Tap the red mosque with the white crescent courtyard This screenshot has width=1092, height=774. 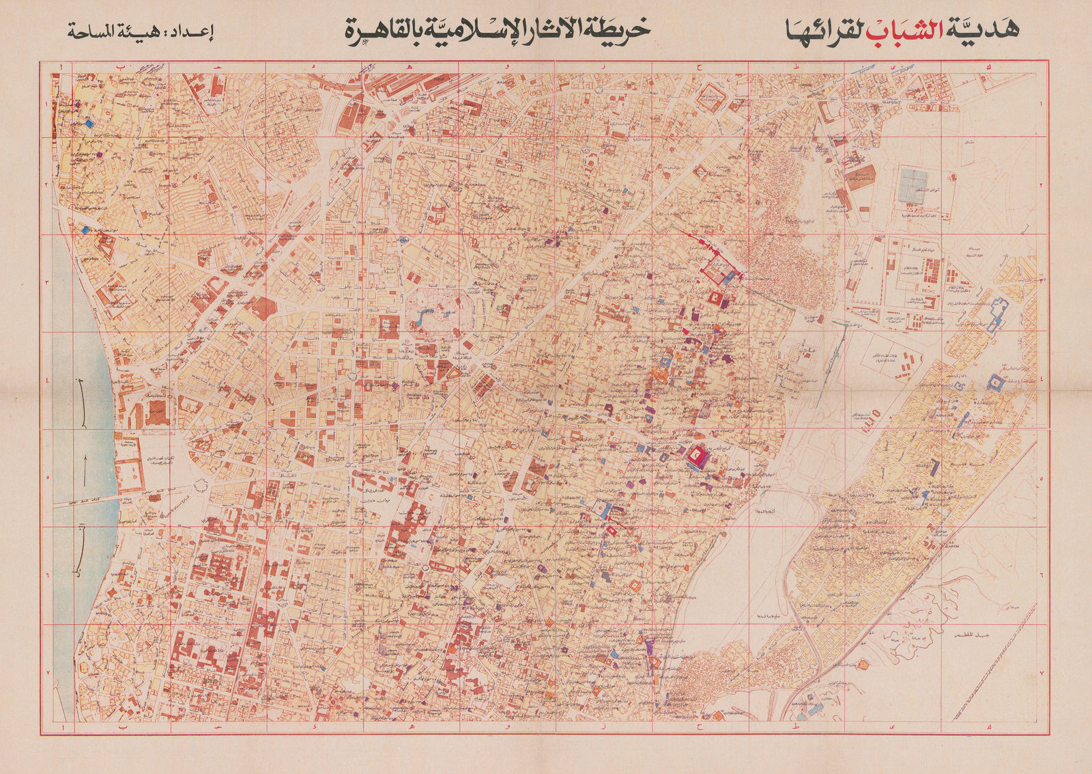tap(696, 454)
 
